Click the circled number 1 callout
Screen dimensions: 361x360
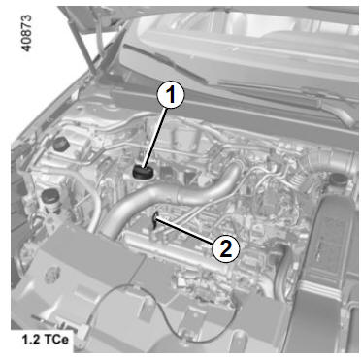170,95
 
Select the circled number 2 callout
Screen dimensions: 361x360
226,248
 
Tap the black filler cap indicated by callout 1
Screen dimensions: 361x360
142,172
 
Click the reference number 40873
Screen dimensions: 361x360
26,33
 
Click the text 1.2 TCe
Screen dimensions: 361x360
46,340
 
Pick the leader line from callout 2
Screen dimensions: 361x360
184,230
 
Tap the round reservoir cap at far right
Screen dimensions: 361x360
338,180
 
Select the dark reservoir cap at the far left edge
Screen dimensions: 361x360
49,196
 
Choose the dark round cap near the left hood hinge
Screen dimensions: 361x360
60,145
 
